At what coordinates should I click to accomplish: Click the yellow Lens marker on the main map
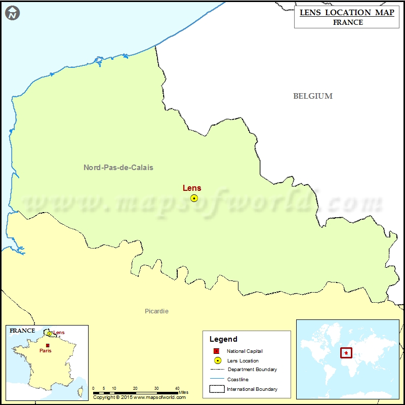click(194, 198)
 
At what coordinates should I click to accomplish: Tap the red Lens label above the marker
click(192, 188)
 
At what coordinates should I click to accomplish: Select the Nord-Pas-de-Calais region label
click(118, 168)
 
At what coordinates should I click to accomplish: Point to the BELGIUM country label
click(313, 96)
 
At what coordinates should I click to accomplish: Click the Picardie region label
click(156, 311)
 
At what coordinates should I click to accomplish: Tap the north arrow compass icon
click(13, 13)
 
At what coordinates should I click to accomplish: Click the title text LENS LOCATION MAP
click(347, 13)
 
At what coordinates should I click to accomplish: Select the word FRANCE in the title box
click(348, 22)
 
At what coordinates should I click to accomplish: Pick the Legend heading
click(224, 339)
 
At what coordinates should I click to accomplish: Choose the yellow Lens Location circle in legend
click(217, 360)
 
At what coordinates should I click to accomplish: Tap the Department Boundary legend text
click(252, 370)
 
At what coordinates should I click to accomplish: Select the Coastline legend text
click(238, 379)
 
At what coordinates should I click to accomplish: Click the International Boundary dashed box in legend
click(217, 389)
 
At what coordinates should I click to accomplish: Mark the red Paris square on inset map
click(48, 346)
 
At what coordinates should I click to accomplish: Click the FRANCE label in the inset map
click(23, 331)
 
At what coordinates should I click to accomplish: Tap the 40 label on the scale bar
click(177, 388)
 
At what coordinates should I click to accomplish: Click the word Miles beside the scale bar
click(184, 392)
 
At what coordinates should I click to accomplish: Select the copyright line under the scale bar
click(140, 397)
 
